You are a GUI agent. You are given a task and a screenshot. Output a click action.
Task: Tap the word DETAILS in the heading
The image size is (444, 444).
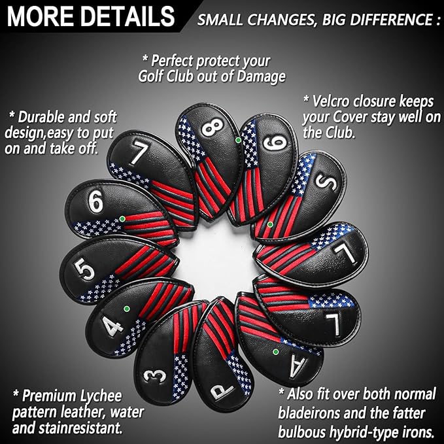[128, 16]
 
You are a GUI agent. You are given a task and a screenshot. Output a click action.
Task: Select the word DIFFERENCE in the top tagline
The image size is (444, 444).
[391, 20]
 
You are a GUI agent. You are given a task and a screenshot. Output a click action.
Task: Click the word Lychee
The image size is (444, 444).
[101, 396]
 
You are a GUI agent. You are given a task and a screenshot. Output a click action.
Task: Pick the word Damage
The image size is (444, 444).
[261, 77]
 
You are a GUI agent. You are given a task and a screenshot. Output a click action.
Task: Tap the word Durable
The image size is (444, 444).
[40, 117]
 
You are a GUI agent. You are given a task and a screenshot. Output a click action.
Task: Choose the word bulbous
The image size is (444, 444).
[302, 432]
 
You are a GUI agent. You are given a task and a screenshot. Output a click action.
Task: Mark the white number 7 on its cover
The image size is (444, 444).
[139, 152]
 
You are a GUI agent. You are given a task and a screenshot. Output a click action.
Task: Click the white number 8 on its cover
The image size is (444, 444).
[213, 127]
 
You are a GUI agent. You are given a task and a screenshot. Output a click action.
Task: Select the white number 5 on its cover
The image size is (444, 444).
[84, 269]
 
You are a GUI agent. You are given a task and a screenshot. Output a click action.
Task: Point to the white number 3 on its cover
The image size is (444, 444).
[154, 376]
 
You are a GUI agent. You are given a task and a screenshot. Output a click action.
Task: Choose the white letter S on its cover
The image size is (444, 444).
[326, 182]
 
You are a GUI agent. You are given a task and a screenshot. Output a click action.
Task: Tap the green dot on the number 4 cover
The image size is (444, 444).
[127, 309]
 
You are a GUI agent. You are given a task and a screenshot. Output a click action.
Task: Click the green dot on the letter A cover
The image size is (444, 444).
[275, 352]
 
